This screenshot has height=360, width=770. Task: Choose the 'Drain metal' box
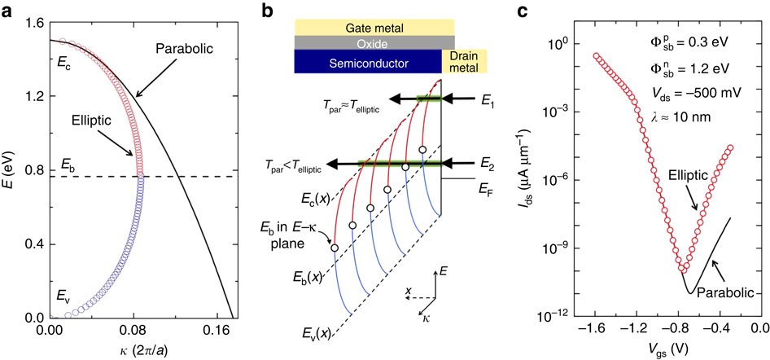(x=464, y=61)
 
